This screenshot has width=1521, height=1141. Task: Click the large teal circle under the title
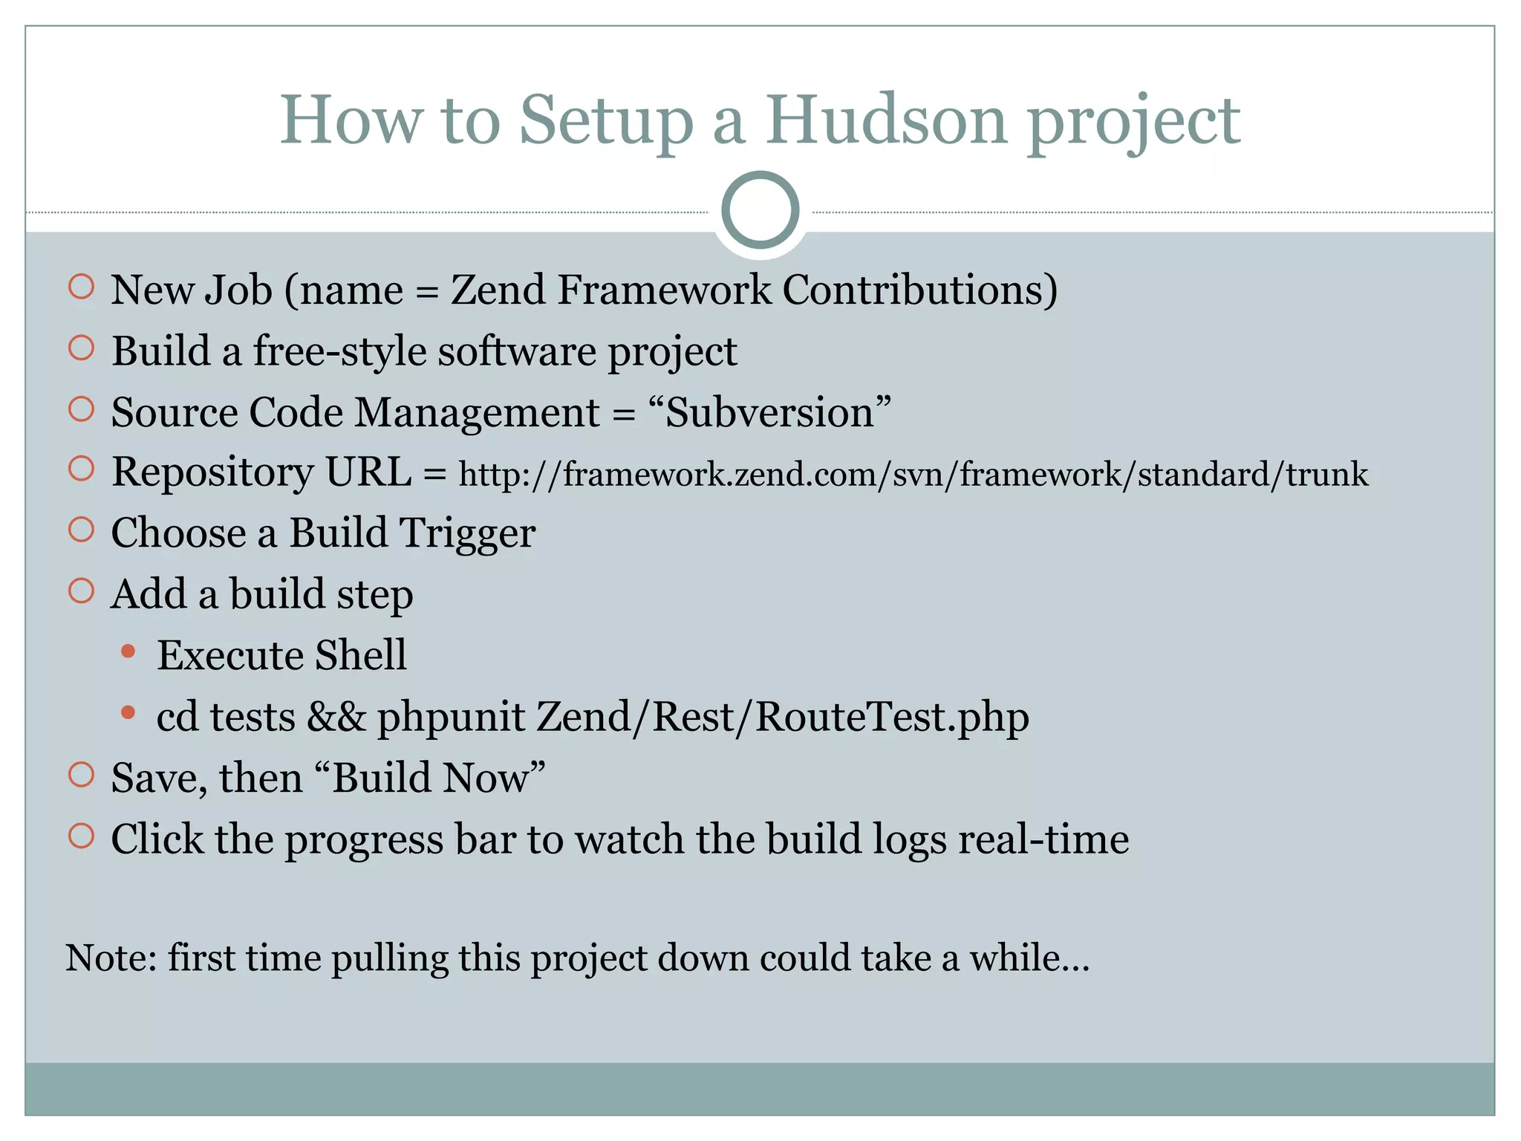[x=760, y=210]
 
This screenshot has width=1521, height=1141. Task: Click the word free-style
[x=339, y=351]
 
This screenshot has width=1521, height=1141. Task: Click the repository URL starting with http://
[x=913, y=474]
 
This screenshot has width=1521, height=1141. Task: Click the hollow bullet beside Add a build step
[x=81, y=591]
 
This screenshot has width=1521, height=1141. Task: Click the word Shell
[x=360, y=655]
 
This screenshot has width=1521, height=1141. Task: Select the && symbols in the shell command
[x=336, y=717]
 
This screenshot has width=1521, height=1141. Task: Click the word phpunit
[x=451, y=718]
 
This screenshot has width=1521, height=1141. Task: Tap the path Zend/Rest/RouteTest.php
[x=782, y=717]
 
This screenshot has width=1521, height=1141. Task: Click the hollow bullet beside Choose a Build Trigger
[x=81, y=530]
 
